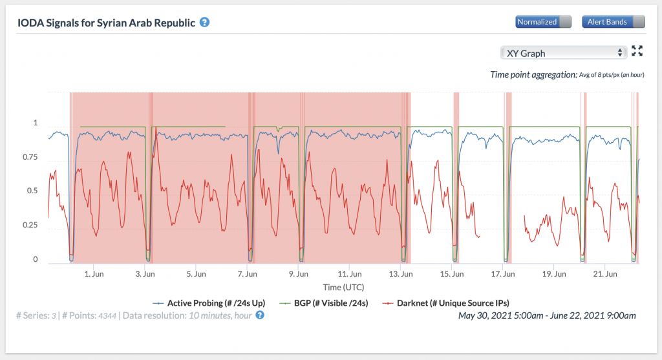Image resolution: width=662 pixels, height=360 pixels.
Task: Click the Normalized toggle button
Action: coord(543,22)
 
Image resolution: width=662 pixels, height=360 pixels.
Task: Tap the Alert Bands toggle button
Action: coord(613,22)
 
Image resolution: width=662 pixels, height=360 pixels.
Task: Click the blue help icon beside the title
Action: coord(204,23)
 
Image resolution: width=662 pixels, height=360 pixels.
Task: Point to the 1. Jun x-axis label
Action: coord(94,274)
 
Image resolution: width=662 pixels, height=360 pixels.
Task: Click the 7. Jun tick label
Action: coord(246,274)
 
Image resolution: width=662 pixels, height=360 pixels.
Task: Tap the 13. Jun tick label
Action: coord(400,274)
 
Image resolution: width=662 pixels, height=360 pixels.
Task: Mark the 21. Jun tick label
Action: coord(603,274)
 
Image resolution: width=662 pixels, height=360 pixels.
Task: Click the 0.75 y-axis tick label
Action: coord(30,157)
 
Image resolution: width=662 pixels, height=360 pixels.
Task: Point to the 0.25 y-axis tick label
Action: coord(30,225)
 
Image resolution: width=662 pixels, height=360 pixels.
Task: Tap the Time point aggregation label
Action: coord(533,75)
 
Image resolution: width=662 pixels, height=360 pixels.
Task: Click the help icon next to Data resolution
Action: coord(260,315)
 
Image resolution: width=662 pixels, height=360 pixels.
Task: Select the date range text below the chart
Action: coord(547,315)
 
